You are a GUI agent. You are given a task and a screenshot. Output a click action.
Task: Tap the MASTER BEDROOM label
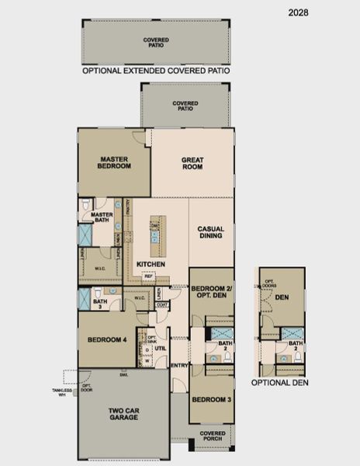pos(114,162)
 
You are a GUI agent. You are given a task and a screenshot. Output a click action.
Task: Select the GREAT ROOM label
pos(192,163)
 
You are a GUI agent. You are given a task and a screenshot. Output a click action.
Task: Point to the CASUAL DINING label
pos(210,233)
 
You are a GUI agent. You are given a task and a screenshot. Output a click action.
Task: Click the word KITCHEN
pos(151,264)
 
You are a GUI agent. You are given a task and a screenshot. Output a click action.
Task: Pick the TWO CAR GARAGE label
pos(123,413)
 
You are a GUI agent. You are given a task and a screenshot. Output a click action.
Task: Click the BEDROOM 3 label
pos(210,399)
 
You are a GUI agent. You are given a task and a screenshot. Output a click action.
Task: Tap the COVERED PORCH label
pos(213,436)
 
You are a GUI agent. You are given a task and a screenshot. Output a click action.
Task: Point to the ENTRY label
pos(179,365)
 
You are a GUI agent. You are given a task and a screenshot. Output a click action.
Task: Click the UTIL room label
pos(161,349)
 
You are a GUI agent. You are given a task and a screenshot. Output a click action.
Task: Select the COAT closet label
pos(162,304)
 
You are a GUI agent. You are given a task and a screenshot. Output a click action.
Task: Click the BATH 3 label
pos(99,304)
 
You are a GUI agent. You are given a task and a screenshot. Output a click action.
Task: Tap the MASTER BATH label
pos(102,217)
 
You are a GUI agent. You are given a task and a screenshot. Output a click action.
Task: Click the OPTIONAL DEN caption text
pos(280,382)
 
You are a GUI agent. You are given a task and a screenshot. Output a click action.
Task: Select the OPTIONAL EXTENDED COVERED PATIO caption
pos(156,70)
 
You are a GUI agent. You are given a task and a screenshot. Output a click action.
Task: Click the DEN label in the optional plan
pos(282,296)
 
